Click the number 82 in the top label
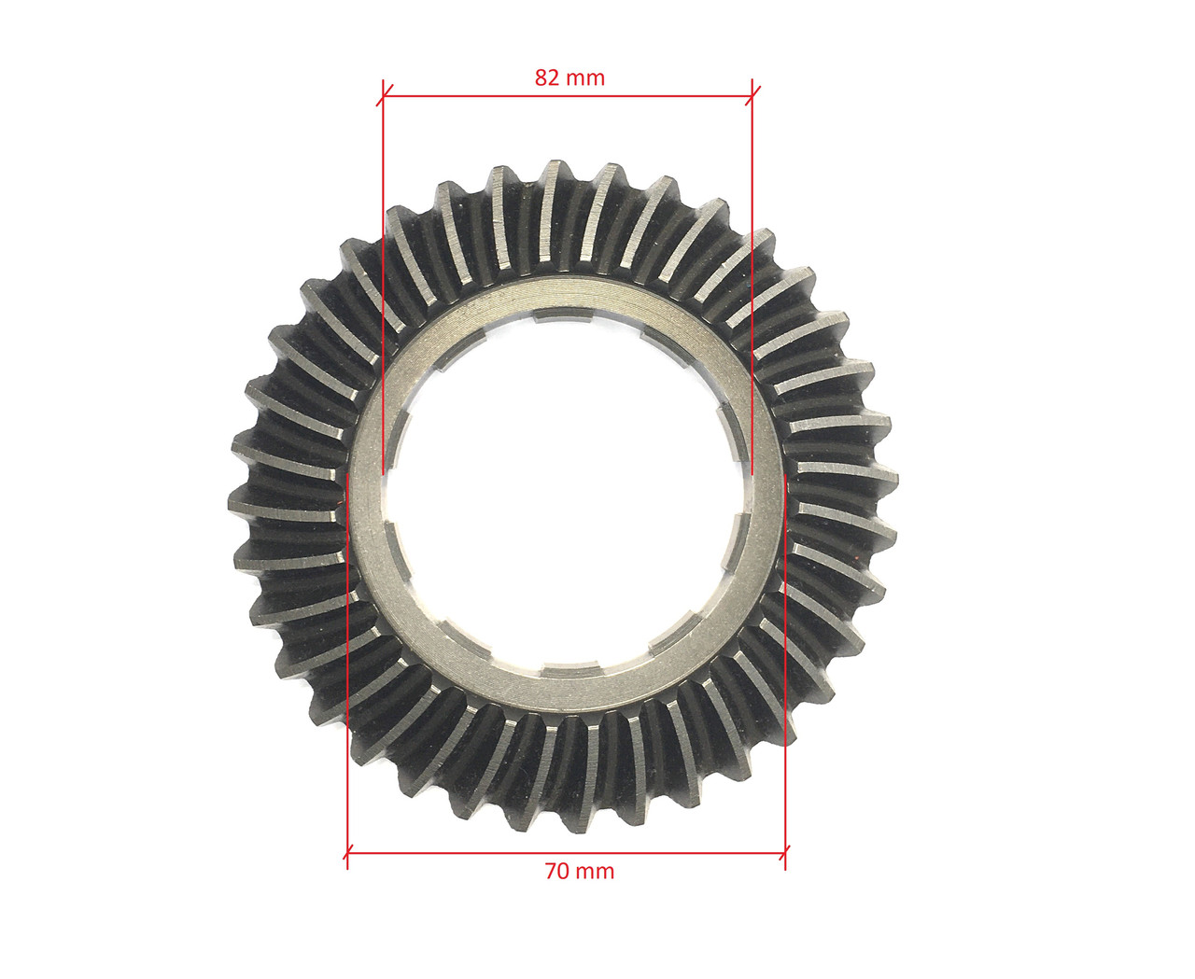coord(546,77)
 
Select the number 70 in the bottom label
coord(557,870)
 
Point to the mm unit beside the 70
coord(595,872)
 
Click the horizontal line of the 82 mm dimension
coord(568,96)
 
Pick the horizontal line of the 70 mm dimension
coord(566,851)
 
